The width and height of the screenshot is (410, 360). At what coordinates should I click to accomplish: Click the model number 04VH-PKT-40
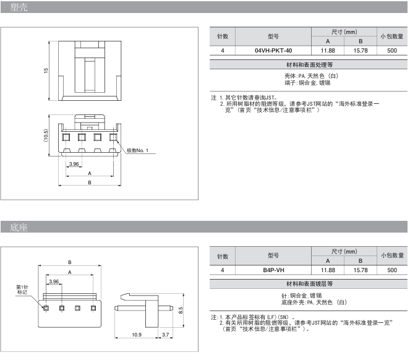[273, 51]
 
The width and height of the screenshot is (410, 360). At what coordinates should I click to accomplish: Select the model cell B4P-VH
[273, 270]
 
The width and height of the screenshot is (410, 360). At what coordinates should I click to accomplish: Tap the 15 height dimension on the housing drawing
[46, 71]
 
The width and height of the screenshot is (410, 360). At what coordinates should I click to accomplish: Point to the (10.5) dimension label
[46, 135]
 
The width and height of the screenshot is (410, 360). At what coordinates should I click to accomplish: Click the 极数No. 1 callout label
[137, 150]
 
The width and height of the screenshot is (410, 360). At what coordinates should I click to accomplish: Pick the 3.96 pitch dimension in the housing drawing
[74, 164]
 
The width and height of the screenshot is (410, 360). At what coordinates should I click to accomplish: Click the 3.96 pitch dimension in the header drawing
[54, 281]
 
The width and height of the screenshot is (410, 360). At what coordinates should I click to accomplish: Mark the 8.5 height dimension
[181, 311]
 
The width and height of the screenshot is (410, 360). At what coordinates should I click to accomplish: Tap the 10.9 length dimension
[137, 335]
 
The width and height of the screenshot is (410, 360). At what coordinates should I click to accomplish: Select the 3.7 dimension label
[165, 335]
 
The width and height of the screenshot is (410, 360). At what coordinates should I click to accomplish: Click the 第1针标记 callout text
[22, 290]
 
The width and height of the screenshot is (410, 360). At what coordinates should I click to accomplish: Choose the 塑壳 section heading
[19, 7]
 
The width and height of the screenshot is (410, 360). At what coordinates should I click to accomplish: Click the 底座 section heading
[19, 228]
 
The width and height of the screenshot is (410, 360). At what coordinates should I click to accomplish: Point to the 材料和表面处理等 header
[309, 64]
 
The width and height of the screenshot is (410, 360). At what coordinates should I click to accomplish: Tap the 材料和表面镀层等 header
[309, 284]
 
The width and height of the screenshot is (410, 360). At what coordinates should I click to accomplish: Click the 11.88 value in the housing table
[328, 51]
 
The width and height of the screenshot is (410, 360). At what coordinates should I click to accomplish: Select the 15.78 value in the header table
[361, 270]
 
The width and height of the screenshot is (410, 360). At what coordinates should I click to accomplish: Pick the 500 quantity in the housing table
[392, 51]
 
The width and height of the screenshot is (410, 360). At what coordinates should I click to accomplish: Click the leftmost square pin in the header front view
[46, 308]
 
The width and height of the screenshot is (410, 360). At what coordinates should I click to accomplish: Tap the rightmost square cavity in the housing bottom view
[113, 137]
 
